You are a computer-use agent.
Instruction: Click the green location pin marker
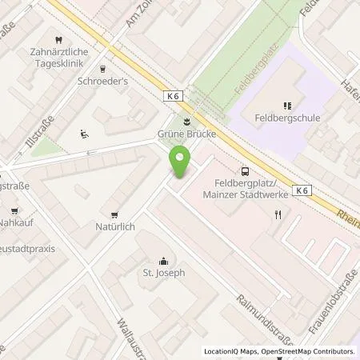[x=182, y=163]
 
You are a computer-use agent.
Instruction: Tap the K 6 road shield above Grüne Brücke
[x=174, y=96]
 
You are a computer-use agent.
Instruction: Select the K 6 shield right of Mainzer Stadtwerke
[x=302, y=190]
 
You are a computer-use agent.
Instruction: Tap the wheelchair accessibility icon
[x=84, y=134]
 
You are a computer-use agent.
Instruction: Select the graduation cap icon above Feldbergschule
[x=286, y=105]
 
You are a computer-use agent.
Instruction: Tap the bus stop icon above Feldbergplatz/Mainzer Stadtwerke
[x=244, y=170]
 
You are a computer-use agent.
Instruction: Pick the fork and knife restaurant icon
[x=278, y=214]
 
